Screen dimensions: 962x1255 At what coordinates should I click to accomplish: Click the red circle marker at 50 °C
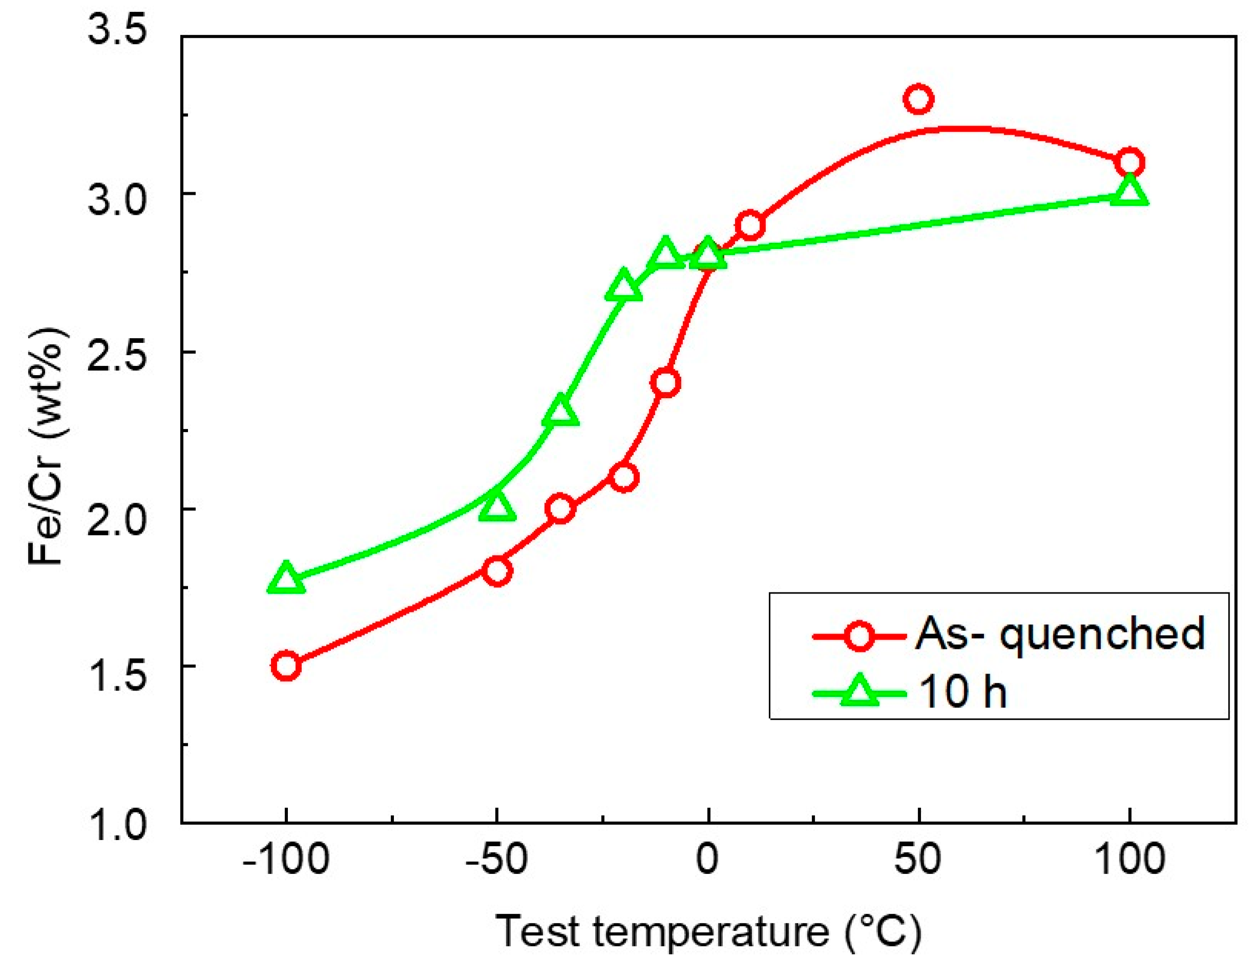(918, 99)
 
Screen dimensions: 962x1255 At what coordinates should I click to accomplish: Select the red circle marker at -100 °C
(286, 665)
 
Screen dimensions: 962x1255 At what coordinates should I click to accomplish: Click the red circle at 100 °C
(1129, 162)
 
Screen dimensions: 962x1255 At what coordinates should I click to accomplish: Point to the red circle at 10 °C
(750, 226)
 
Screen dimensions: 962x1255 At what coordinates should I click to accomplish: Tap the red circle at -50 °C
(497, 571)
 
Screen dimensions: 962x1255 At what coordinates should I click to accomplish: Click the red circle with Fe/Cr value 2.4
(665, 382)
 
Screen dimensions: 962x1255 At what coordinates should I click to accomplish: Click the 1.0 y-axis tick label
(109, 825)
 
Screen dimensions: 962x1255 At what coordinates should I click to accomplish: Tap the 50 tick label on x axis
(918, 860)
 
